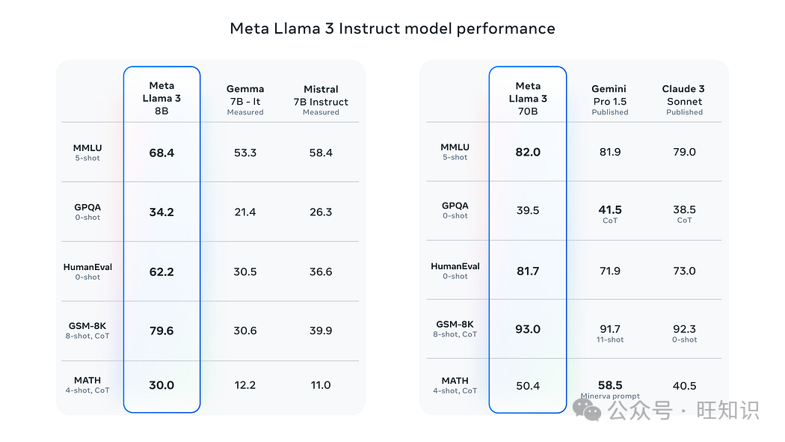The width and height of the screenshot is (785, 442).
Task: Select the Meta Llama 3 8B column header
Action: (x=161, y=98)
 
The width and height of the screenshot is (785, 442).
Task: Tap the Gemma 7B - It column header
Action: (x=245, y=100)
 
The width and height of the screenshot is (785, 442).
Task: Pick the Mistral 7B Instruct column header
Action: (x=321, y=101)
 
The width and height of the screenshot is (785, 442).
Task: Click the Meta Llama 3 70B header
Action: (x=528, y=99)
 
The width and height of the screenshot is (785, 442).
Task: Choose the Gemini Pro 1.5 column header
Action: (x=610, y=100)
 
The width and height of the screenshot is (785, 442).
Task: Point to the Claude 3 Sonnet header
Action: (x=684, y=100)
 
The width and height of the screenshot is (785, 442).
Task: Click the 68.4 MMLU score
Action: (x=161, y=153)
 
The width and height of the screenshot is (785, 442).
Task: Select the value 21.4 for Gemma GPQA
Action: (x=245, y=212)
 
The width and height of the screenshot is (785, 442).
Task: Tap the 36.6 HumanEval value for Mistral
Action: (x=321, y=271)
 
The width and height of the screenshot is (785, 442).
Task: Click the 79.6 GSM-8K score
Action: (x=161, y=331)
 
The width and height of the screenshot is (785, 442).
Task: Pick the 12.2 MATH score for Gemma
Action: (x=245, y=385)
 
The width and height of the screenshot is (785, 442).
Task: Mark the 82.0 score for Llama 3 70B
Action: (x=528, y=152)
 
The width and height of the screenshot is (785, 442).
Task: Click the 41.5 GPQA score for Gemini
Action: (x=610, y=209)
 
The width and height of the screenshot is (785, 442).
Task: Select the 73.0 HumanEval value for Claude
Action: (x=684, y=271)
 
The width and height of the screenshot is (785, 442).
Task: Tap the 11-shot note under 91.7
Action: (x=610, y=340)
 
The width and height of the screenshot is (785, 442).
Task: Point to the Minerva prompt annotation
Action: (x=610, y=396)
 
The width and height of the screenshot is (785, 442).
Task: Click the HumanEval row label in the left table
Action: (x=87, y=271)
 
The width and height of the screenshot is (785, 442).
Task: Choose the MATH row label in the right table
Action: (x=455, y=385)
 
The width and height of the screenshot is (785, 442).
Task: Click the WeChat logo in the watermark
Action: (x=587, y=410)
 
